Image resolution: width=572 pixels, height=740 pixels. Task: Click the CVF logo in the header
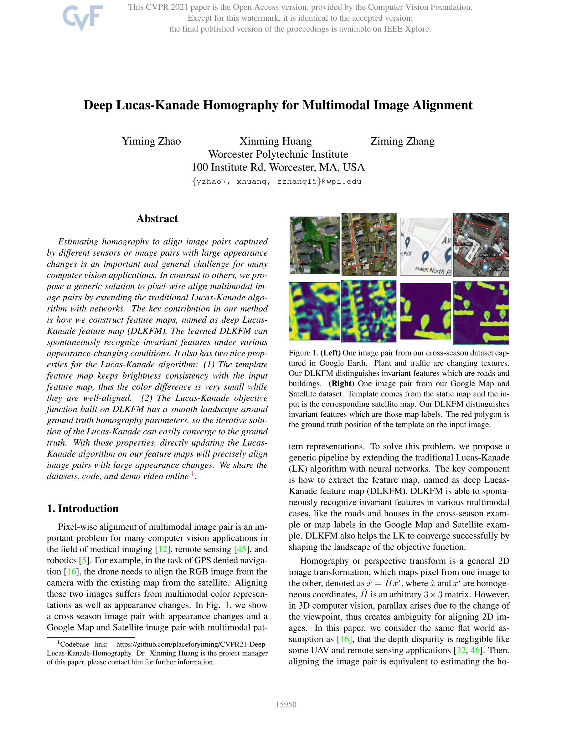[x=82, y=18]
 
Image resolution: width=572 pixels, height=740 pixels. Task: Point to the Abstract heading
[x=157, y=218]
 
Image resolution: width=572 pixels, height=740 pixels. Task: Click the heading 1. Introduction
[x=83, y=508]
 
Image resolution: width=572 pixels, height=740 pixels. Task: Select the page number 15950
[x=286, y=704]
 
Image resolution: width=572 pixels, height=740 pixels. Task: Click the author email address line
[x=277, y=181]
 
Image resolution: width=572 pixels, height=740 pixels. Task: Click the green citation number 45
[x=241, y=549]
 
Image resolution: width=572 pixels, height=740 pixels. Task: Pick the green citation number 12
[x=162, y=549]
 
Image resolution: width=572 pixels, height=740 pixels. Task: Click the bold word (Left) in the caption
[x=330, y=353]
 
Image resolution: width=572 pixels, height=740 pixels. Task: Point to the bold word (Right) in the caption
[x=341, y=384]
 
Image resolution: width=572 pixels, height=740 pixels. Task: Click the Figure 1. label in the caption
[x=303, y=353]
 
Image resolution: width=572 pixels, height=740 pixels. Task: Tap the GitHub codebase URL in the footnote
[x=192, y=645]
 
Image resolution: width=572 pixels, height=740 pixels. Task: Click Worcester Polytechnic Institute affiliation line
[x=278, y=154]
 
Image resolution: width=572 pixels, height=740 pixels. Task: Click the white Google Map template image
[x=425, y=246]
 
